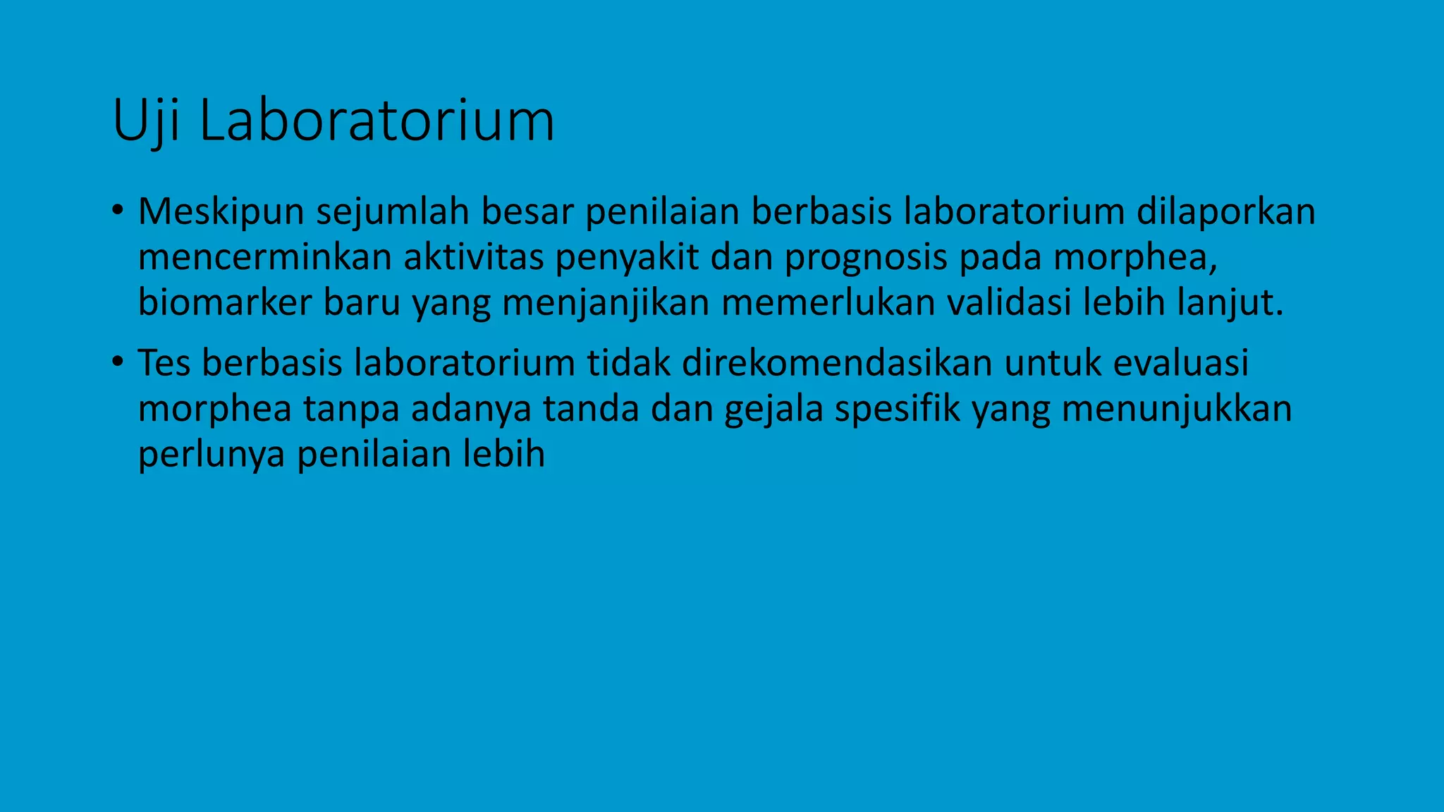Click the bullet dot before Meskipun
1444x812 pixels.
117,210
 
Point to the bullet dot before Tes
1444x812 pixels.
117,362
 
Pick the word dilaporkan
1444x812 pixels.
1225,212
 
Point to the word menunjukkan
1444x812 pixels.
1177,409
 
